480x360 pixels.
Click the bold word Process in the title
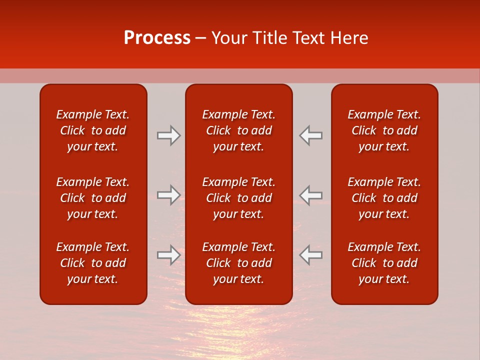(x=157, y=38)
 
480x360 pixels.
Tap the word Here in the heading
(x=350, y=38)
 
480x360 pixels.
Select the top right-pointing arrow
(x=168, y=135)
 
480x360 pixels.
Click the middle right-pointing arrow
(x=168, y=195)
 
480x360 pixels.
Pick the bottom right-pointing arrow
(x=168, y=254)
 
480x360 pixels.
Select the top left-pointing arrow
(x=311, y=135)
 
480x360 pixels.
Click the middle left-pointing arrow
(x=311, y=195)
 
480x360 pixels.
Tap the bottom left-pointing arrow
(x=311, y=254)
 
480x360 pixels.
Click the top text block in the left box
(x=93, y=130)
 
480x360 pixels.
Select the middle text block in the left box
(x=93, y=198)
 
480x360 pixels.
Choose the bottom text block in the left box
(x=93, y=263)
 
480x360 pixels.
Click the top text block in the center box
(x=238, y=130)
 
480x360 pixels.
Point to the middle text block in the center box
(x=238, y=198)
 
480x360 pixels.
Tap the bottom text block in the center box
(x=238, y=263)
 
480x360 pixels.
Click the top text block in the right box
(x=384, y=130)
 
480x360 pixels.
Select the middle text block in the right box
(x=384, y=198)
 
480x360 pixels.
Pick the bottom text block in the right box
(x=384, y=263)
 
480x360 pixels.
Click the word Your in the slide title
(x=229, y=38)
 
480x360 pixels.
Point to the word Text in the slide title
(x=310, y=38)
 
